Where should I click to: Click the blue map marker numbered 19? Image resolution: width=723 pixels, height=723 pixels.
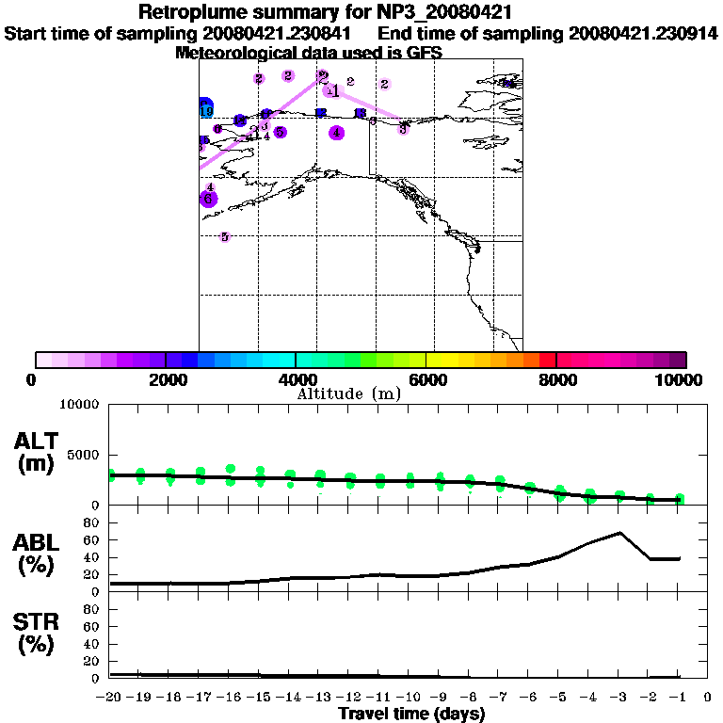pyautogui.click(x=205, y=108)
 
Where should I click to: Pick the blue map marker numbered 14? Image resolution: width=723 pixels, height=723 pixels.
pyautogui.click(x=508, y=84)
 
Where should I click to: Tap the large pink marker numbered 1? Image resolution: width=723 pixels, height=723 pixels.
pyautogui.click(x=331, y=90)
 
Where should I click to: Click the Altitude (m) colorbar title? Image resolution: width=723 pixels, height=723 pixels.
pyautogui.click(x=348, y=394)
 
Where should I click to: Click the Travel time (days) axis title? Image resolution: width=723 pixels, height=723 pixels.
pyautogui.click(x=411, y=715)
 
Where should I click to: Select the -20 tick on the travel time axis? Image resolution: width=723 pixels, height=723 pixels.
pyautogui.click(x=110, y=697)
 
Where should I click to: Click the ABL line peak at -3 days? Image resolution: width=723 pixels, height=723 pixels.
pyautogui.click(x=619, y=533)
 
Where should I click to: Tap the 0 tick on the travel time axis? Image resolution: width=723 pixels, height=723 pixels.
pyautogui.click(x=708, y=697)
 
